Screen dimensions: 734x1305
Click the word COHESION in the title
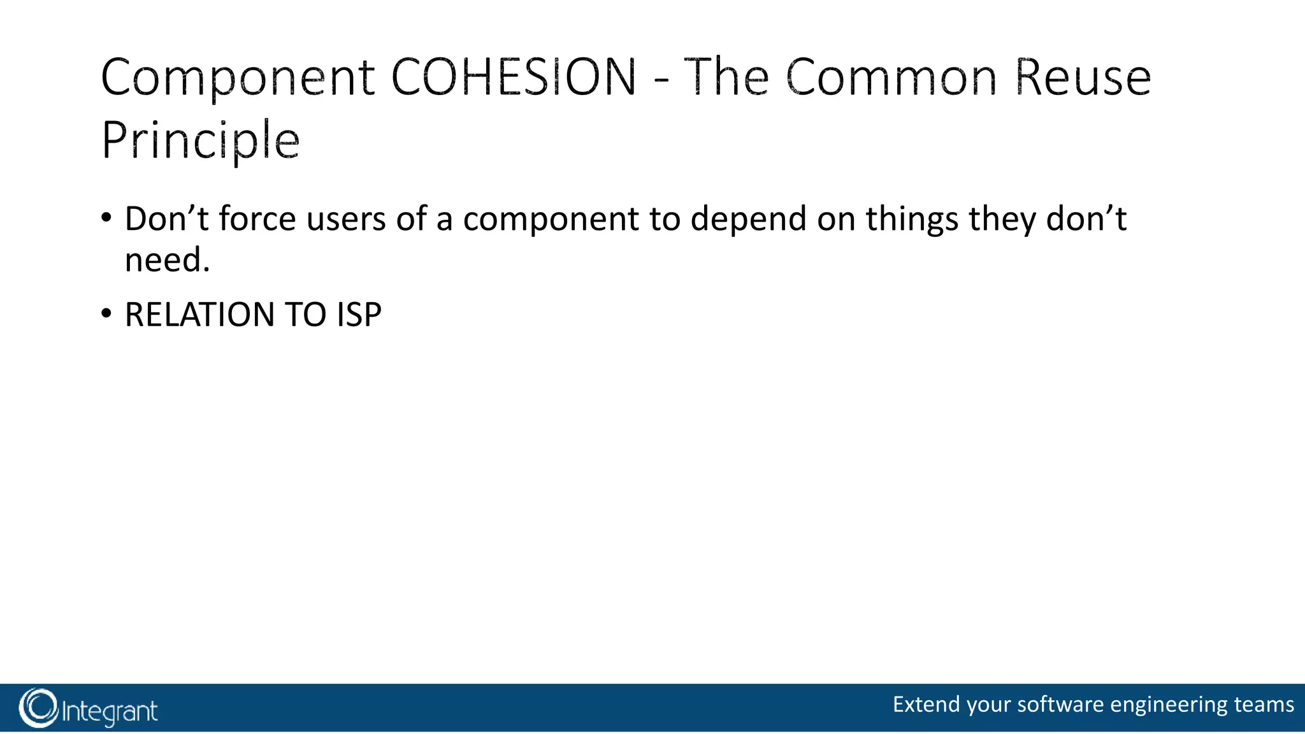tap(513, 77)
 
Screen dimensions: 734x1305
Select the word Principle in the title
tap(200, 140)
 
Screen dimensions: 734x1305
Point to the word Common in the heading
tap(891, 77)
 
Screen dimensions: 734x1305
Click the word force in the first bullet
tap(257, 219)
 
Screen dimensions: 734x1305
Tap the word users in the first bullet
tap(346, 219)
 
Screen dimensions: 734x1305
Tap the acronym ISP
tap(359, 315)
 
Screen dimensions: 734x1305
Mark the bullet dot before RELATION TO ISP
tap(106, 313)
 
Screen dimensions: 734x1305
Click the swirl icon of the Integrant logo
tap(38, 708)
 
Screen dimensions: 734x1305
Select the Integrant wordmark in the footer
tap(110, 711)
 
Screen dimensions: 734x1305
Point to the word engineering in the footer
tap(1169, 705)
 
